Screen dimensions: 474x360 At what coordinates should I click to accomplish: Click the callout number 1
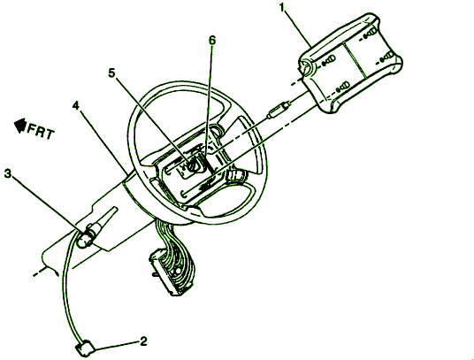click(283, 8)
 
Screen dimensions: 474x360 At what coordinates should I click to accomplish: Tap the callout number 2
click(143, 341)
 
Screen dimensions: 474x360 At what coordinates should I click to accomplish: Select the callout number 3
click(8, 173)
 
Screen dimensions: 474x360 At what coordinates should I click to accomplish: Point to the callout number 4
click(75, 105)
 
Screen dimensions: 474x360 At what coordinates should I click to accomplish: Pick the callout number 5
click(112, 73)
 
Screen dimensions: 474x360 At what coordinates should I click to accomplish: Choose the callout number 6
click(212, 40)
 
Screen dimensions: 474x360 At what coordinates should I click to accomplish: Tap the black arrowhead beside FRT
click(20, 125)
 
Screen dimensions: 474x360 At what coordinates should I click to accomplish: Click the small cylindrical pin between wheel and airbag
click(278, 110)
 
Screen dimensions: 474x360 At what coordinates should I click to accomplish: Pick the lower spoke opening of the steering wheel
click(230, 202)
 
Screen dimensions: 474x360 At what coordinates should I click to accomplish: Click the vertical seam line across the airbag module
click(355, 60)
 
